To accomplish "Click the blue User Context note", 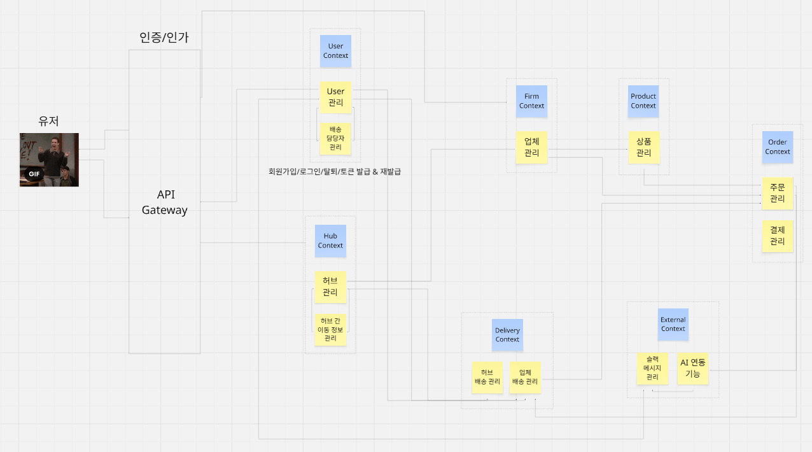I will coord(335,51).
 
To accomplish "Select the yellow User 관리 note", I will coord(335,97).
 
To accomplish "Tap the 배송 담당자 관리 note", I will coord(335,138).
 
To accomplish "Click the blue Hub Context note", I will coord(330,241).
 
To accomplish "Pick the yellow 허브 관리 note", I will coord(330,286).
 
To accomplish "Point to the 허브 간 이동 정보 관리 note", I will coord(330,330).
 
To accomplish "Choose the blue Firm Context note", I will coord(531,101).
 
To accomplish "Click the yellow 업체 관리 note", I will coord(531,147).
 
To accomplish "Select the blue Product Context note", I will coord(643,101).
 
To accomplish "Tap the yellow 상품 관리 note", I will coord(643,147).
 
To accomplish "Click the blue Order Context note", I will coord(778,147).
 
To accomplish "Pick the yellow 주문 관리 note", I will coord(778,193).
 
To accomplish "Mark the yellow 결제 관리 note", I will coord(778,236).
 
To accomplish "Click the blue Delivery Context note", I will coord(507,335).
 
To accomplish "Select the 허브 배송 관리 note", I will coord(487,377).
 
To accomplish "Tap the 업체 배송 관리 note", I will coord(525,377).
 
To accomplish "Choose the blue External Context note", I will coord(673,324).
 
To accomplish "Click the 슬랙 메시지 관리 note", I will coord(653,369).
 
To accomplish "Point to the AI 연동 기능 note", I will coord(693,369).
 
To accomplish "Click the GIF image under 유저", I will coord(49,160).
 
